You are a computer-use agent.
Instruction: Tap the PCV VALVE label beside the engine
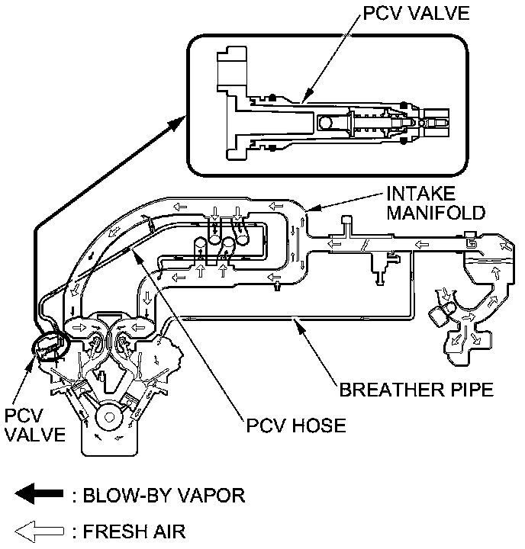coord(32,428)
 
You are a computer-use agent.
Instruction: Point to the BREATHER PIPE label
coord(417,391)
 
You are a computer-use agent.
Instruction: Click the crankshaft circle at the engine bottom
coord(109,418)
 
